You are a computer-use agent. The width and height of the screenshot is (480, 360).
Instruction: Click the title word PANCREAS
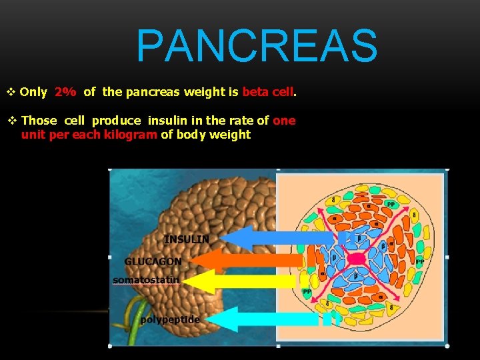257,45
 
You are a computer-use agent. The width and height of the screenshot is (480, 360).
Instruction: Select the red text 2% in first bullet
65,93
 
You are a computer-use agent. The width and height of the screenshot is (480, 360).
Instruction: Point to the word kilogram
131,135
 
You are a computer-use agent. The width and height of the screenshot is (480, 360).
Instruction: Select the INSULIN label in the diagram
187,239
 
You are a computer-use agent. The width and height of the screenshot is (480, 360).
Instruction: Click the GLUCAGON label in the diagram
153,261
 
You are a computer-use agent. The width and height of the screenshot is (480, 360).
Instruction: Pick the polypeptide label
169,319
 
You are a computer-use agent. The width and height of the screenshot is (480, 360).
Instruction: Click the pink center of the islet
356,259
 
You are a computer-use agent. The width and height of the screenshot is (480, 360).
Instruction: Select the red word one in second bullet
284,121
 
